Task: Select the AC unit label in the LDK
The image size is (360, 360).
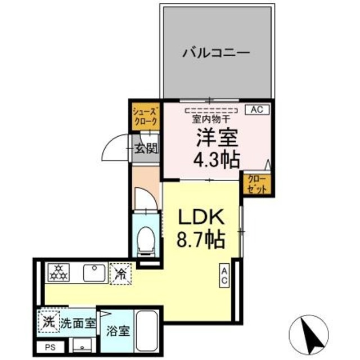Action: click(x=224, y=275)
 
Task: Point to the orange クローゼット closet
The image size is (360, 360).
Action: click(x=258, y=184)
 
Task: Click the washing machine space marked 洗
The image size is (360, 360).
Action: click(x=48, y=323)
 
